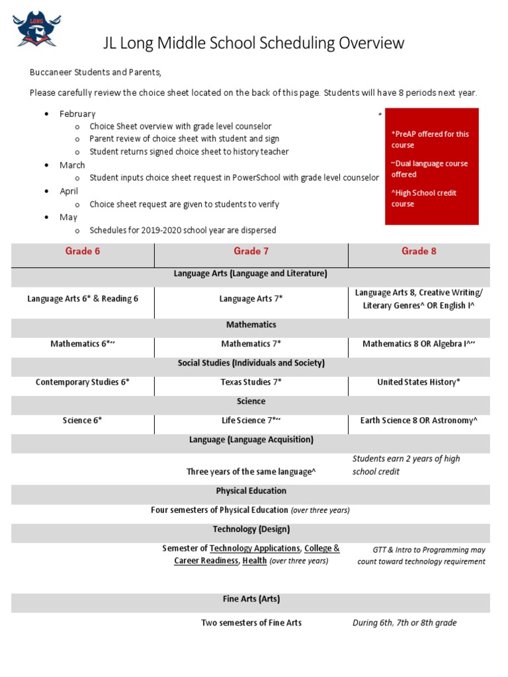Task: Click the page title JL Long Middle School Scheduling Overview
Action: coord(253,44)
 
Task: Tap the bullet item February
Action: coord(77,114)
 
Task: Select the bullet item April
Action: coord(69,191)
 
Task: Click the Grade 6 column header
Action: coord(83,251)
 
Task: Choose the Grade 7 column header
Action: coord(251,251)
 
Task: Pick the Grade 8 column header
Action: coord(419,251)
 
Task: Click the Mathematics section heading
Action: coord(251,325)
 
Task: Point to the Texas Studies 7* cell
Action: coord(251,382)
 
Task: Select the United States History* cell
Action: coord(419,382)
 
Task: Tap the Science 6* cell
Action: coord(83,420)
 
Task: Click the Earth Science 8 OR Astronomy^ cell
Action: coord(419,420)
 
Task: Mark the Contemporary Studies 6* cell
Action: coord(83,382)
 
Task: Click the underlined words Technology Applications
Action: coord(255,548)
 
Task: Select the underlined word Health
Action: coord(255,561)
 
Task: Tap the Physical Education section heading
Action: coord(251,491)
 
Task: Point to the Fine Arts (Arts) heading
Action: coord(251,599)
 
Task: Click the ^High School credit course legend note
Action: coord(424,198)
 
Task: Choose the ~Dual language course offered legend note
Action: coord(429,169)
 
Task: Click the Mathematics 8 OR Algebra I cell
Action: coord(419,344)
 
